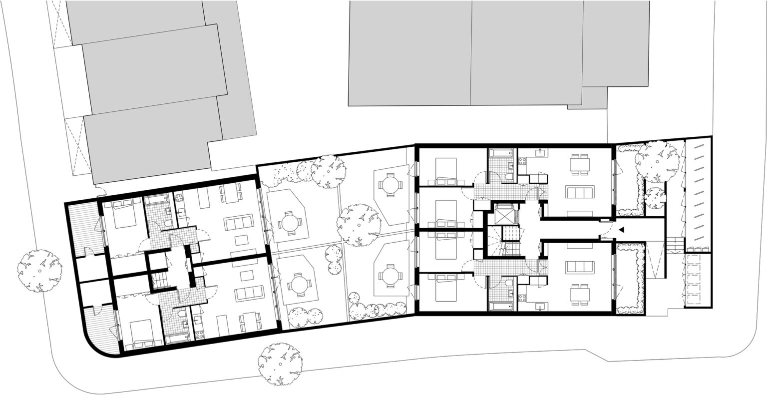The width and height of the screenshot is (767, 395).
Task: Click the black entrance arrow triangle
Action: pyautogui.click(x=621, y=230)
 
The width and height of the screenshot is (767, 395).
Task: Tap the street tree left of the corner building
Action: pyautogui.click(x=39, y=270)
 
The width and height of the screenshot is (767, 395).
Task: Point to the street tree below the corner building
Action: pyautogui.click(x=280, y=364)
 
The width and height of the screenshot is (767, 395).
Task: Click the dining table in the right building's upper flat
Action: pyautogui.click(x=579, y=165)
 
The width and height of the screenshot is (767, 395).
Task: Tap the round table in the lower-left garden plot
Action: pyautogui.click(x=299, y=285)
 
